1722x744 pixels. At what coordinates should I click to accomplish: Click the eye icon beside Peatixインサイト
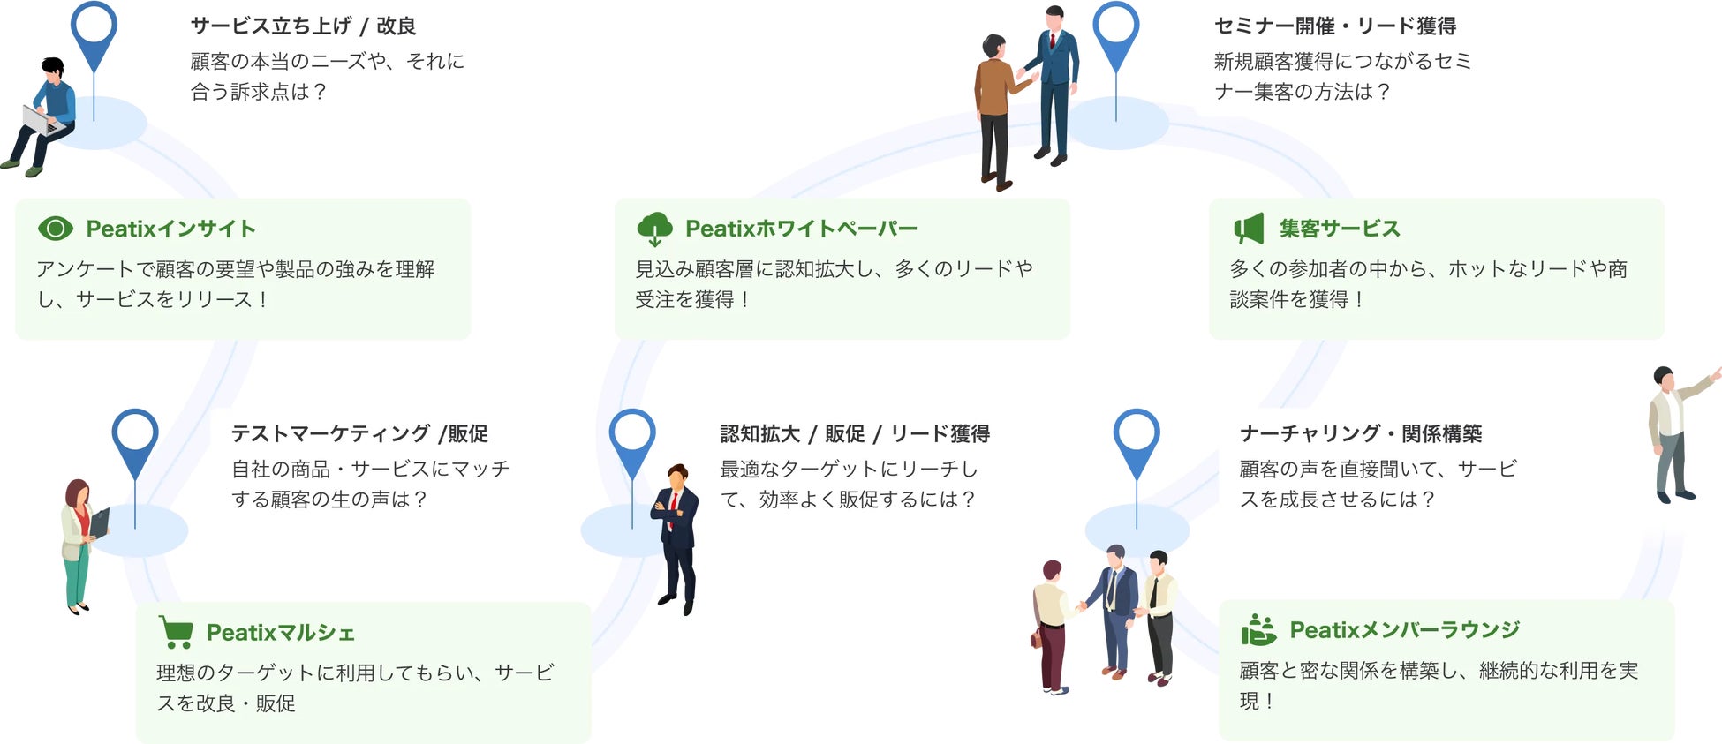tap(56, 229)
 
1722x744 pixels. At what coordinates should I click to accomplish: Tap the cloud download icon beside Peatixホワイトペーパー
tap(654, 229)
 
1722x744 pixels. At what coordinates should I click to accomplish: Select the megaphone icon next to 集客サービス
tap(1249, 229)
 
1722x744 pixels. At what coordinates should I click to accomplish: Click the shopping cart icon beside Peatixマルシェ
tap(177, 632)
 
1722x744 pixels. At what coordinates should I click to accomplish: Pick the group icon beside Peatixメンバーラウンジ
tap(1258, 630)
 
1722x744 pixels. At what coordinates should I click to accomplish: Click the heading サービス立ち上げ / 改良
tap(303, 26)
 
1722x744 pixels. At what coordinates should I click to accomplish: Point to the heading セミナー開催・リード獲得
tap(1334, 26)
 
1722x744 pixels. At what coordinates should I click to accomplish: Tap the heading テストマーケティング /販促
tap(359, 433)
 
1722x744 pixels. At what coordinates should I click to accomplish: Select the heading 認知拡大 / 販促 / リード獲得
tap(854, 433)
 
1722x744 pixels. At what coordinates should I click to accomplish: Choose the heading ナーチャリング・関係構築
tap(1360, 433)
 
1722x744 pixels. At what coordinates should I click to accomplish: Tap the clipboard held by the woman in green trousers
tap(100, 522)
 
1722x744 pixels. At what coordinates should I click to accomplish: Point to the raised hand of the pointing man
tap(1716, 373)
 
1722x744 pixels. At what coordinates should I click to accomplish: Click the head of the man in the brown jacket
tap(994, 47)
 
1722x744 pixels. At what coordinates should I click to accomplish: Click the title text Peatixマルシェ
tap(280, 633)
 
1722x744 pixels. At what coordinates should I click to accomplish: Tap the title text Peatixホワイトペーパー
tap(801, 229)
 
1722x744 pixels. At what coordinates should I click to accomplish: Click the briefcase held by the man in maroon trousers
tap(1036, 638)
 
